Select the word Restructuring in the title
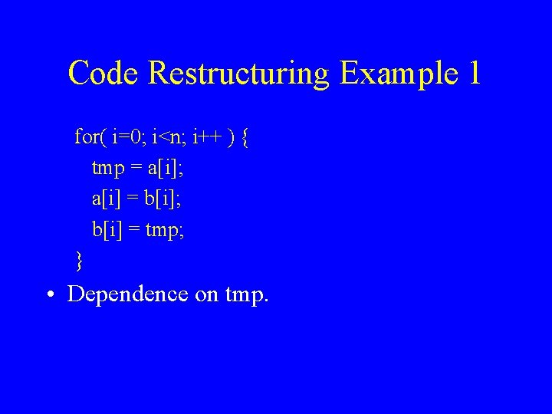[239, 73]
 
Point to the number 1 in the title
[473, 73]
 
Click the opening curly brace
[244, 139]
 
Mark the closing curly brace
[79, 261]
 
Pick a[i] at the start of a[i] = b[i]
[106, 199]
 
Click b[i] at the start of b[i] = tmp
[107, 229]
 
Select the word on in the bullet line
[207, 294]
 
